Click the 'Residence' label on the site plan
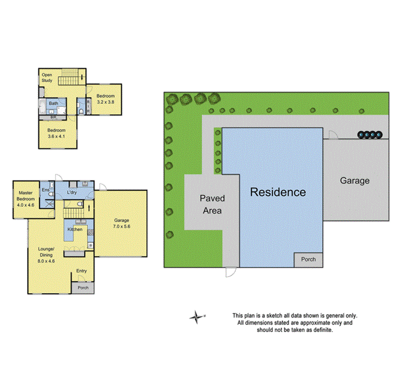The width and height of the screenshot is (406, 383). pyautogui.click(x=278, y=192)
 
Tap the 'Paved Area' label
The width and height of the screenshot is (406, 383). pyautogui.click(x=212, y=204)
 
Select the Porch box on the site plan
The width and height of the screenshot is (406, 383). pyautogui.click(x=308, y=260)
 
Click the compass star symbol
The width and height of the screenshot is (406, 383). pyautogui.click(x=195, y=317)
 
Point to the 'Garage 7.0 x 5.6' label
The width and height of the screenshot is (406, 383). pyautogui.click(x=122, y=223)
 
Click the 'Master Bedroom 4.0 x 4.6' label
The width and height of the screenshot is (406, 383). pyautogui.click(x=25, y=198)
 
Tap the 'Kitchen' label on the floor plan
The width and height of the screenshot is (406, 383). pyautogui.click(x=75, y=229)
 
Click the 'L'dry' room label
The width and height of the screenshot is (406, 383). pyautogui.click(x=72, y=192)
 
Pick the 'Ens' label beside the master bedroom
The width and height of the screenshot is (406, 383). pyautogui.click(x=45, y=190)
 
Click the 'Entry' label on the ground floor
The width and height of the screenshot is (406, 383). pyautogui.click(x=82, y=271)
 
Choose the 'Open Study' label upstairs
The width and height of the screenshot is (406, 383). pyautogui.click(x=47, y=77)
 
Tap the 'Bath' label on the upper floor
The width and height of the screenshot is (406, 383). pyautogui.click(x=53, y=103)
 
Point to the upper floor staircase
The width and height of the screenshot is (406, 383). pyautogui.click(x=71, y=78)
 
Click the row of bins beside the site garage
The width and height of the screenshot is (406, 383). pyautogui.click(x=370, y=135)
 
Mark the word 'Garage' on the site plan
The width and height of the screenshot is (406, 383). pyautogui.click(x=355, y=180)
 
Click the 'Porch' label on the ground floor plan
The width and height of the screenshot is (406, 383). pyautogui.click(x=83, y=288)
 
